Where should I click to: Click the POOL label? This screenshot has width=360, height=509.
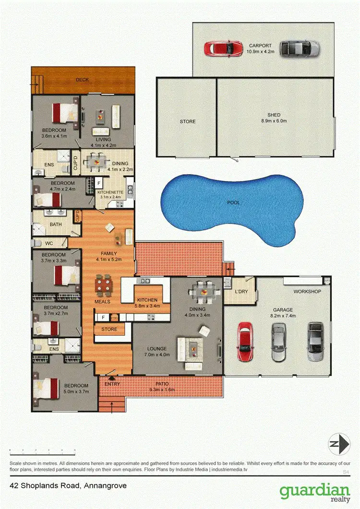(233, 202)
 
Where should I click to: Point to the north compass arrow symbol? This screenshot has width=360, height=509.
(338, 445)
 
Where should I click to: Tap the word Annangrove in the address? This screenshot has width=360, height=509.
(105, 485)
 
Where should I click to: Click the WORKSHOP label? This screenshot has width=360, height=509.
(307, 291)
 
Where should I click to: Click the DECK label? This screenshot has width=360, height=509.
(83, 80)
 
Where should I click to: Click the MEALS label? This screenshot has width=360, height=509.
(102, 302)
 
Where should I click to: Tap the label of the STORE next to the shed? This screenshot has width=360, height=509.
(188, 121)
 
